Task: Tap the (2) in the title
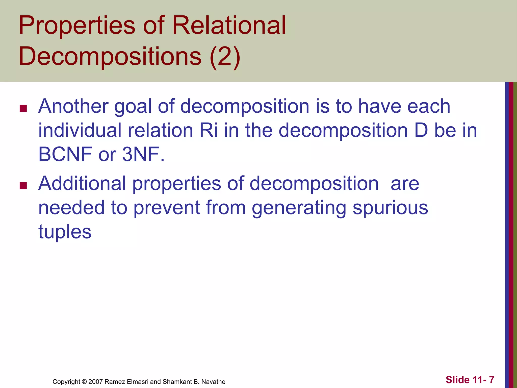click(225, 57)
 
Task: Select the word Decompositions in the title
click(110, 57)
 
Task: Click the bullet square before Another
click(23, 109)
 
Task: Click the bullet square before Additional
click(23, 186)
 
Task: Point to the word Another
click(73, 106)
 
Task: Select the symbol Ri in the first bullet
click(209, 130)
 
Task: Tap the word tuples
click(65, 232)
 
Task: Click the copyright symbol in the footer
click(84, 382)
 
